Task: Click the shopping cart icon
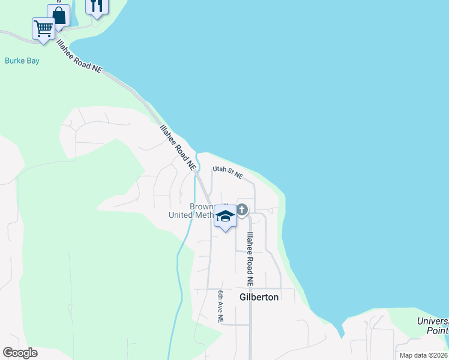pyautogui.click(x=43, y=28)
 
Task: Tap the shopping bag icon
pyautogui.click(x=58, y=15)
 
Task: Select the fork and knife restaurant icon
pyautogui.click(x=97, y=5)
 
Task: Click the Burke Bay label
pyautogui.click(x=22, y=60)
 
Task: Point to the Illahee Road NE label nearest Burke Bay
pyautogui.click(x=80, y=56)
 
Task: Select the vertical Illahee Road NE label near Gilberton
pyautogui.click(x=250, y=258)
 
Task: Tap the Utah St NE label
pyautogui.click(x=228, y=173)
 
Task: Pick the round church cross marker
pyautogui.click(x=242, y=209)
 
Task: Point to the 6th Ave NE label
pyautogui.click(x=221, y=307)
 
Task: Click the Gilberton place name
pyautogui.click(x=259, y=297)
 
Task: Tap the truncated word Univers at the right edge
pyautogui.click(x=433, y=321)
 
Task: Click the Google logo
pyautogui.click(x=20, y=352)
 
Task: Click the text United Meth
pyautogui.click(x=191, y=215)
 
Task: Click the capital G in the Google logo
pyautogui.click(x=8, y=352)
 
